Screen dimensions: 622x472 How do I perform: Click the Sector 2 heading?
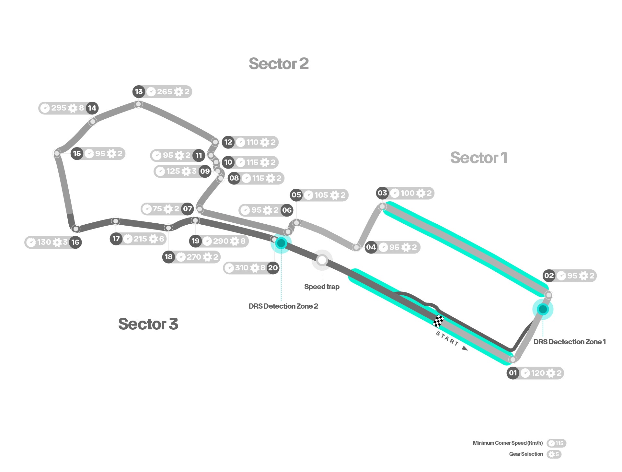click(279, 64)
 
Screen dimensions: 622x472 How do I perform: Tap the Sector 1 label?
click(478, 158)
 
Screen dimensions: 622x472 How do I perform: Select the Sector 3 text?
click(148, 324)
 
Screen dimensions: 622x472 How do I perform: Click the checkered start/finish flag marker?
click(438, 321)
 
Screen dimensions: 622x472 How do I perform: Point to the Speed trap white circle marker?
click(322, 260)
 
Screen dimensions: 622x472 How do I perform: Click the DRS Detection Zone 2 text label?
click(283, 306)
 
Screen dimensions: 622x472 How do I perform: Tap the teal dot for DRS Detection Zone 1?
click(543, 309)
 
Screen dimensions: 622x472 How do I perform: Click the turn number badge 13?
click(139, 92)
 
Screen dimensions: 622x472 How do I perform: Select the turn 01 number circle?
click(513, 373)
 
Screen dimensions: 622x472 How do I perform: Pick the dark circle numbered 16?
click(75, 242)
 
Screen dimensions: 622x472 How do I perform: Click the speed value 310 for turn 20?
click(242, 268)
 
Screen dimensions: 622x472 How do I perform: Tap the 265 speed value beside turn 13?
click(165, 92)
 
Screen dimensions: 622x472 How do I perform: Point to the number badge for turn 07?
click(188, 209)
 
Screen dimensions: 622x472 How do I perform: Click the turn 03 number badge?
click(382, 193)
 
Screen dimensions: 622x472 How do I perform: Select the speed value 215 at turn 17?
click(140, 239)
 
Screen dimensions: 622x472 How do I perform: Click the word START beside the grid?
click(447, 338)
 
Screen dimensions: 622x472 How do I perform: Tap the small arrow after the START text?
click(465, 348)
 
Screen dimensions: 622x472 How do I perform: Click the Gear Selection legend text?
click(526, 454)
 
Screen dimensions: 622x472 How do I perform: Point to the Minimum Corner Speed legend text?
click(508, 443)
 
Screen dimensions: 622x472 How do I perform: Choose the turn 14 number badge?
click(92, 108)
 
